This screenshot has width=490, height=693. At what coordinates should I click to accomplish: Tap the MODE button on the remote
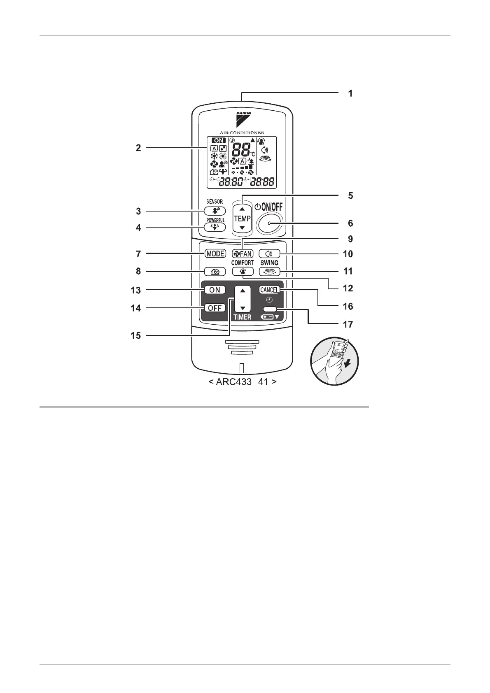coord(215,253)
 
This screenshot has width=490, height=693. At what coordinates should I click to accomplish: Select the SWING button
coord(269,272)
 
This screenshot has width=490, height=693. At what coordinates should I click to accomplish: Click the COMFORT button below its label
coord(242,272)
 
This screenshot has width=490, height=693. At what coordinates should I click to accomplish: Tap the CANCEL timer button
coord(269,290)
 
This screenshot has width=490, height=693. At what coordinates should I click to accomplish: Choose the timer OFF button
coord(215,308)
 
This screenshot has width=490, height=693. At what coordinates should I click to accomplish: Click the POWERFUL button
coord(215,228)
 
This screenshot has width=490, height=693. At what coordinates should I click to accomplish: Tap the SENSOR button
coord(215,210)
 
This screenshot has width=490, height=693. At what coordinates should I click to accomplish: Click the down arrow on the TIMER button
coord(243,308)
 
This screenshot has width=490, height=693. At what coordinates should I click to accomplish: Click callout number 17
coord(348,325)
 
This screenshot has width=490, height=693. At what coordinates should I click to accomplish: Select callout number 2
coord(138,148)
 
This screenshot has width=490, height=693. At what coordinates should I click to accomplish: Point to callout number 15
coord(136,336)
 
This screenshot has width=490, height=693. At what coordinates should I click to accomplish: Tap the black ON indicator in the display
coord(219,141)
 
